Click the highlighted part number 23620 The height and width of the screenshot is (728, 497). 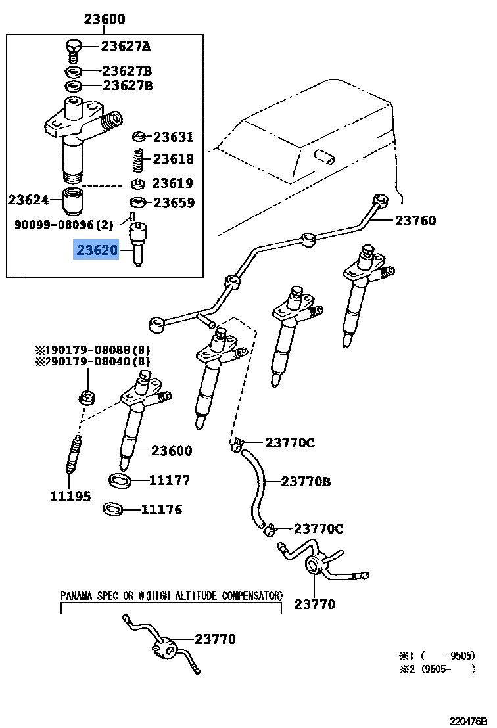tap(97, 250)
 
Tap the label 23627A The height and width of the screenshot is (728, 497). tap(126, 46)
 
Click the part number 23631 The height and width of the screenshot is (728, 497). tap(174, 137)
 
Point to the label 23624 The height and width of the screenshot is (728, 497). tap(28, 198)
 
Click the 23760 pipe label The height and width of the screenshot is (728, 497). tap(415, 221)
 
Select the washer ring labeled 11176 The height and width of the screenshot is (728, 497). tap(114, 509)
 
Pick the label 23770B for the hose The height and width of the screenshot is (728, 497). tap(306, 482)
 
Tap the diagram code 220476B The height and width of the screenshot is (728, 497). tap(469, 721)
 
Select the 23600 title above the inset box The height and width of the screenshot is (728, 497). tap(105, 20)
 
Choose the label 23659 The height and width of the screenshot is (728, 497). tap(174, 202)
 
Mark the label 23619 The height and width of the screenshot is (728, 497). tap(173, 183)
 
